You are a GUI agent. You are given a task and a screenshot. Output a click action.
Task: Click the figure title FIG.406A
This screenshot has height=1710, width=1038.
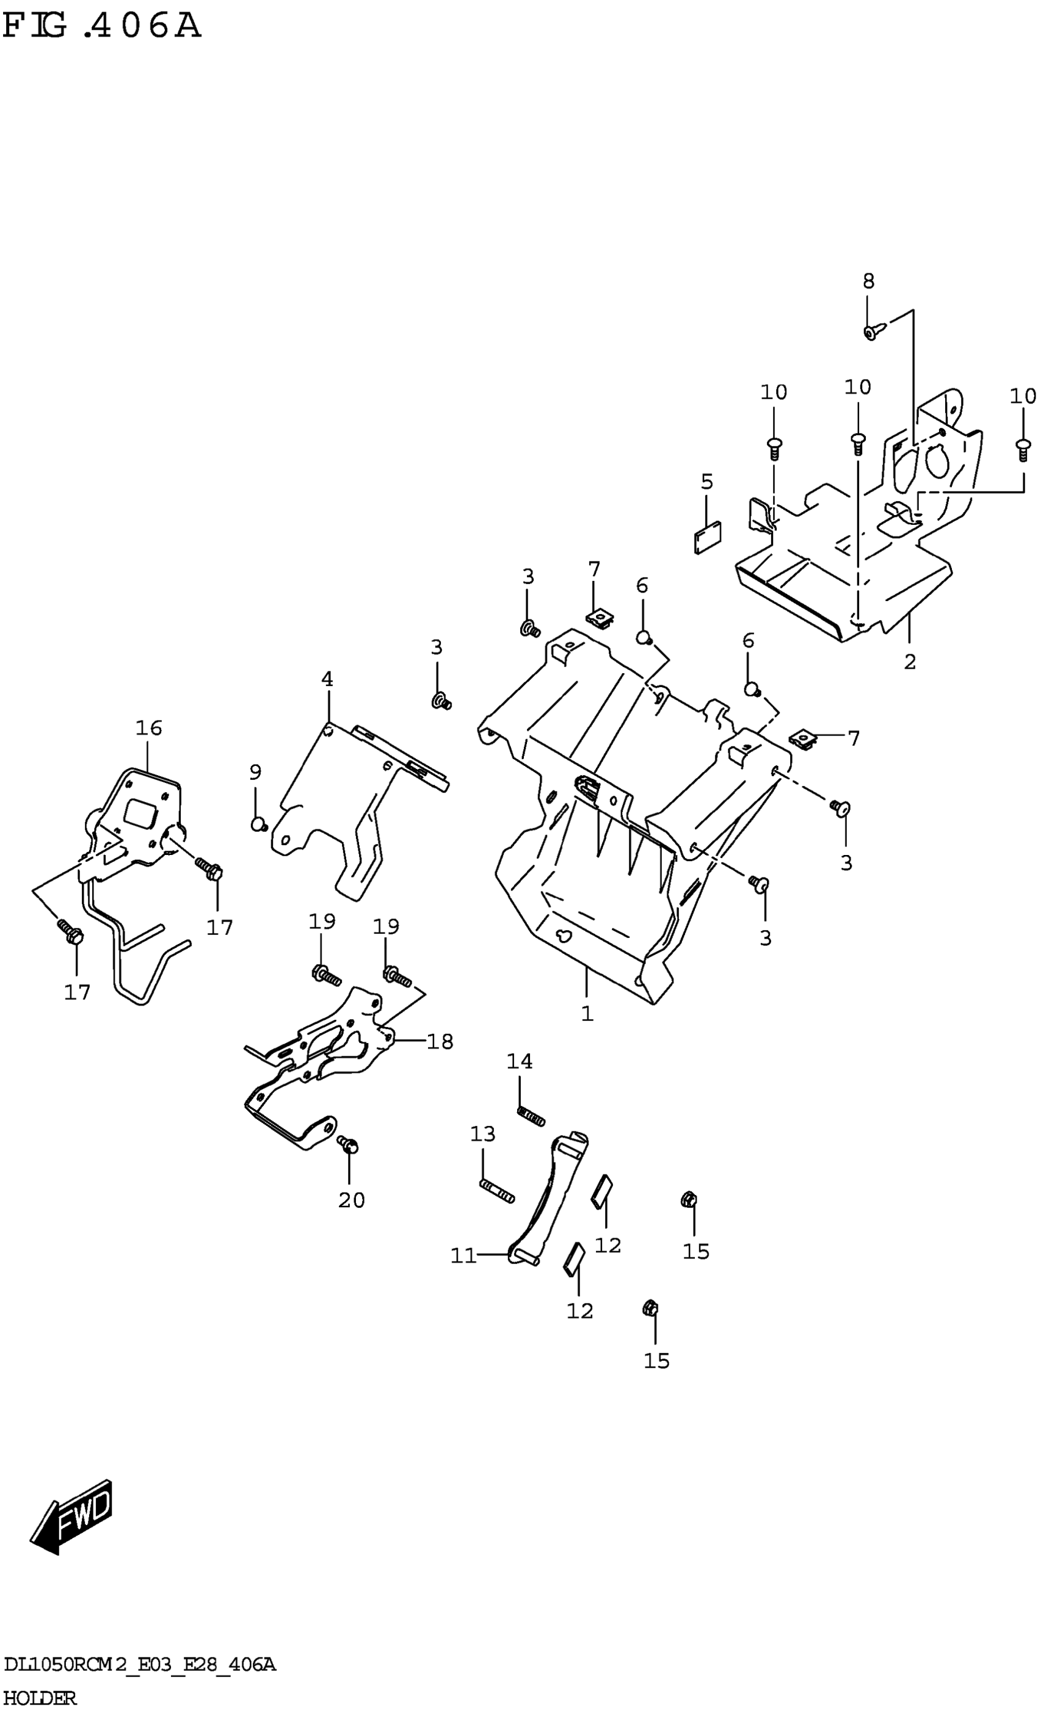coord(101,26)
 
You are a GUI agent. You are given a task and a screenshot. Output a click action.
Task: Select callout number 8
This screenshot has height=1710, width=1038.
coord(868,281)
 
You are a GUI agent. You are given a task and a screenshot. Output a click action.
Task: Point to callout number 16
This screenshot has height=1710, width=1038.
coord(148,728)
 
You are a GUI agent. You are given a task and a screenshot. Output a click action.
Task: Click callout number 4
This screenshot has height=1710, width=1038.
coord(327,679)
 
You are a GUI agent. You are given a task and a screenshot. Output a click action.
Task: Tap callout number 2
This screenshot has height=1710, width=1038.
coord(910,662)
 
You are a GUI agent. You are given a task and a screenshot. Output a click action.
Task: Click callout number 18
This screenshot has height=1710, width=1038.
coord(440,1041)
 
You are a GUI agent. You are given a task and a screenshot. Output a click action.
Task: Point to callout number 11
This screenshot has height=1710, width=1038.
coord(463,1255)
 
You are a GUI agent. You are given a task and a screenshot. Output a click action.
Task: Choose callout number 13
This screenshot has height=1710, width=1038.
coord(482,1134)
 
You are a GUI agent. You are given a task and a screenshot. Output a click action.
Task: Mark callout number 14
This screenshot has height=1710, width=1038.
coord(520,1061)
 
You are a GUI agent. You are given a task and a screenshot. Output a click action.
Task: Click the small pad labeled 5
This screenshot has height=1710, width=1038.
coord(708,537)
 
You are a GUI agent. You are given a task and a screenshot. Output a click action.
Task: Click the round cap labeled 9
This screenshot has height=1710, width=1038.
coord(258,824)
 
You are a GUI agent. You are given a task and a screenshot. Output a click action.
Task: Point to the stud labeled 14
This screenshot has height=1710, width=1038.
coord(531,1117)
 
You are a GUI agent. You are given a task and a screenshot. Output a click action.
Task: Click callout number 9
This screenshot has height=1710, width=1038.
coord(255,772)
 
